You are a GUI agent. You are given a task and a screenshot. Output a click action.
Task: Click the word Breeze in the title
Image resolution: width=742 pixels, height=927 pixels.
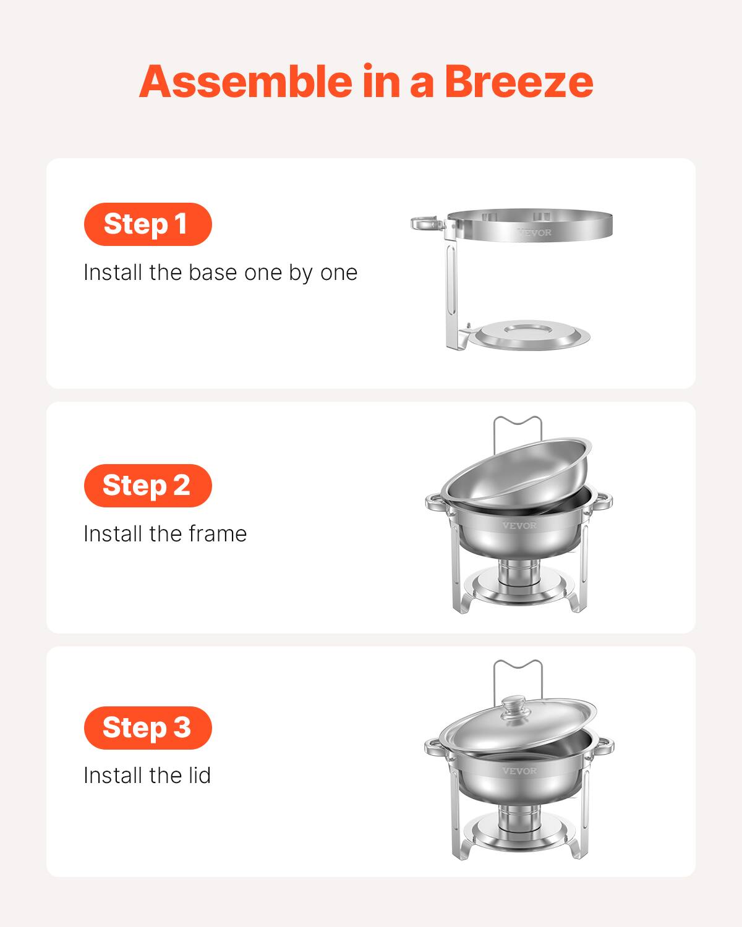pos(518,82)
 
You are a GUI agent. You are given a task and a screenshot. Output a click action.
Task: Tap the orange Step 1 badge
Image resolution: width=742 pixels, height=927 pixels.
pos(148,224)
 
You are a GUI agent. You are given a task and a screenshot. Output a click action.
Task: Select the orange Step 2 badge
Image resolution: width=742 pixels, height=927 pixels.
pos(148,485)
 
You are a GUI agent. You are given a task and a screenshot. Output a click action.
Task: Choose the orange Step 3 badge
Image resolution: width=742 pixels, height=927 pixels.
pos(148,727)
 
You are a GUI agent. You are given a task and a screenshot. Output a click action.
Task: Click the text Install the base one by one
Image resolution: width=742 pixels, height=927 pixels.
pos(220,273)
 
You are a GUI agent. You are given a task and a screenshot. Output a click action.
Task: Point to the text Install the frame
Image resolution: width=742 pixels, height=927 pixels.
pos(165,534)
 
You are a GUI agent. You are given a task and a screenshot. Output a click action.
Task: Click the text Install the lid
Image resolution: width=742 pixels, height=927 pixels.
pos(147,776)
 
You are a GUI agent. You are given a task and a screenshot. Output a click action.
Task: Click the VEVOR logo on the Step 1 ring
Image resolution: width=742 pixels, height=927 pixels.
pos(534,233)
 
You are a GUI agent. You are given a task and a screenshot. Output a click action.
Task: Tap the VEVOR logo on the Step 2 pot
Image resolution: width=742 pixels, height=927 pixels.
pos(519,525)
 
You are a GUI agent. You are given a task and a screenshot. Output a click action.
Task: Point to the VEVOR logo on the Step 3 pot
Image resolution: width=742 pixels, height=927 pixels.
pos(519,771)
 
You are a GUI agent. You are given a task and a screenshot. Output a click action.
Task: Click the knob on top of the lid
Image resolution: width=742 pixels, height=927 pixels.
pos(513,706)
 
